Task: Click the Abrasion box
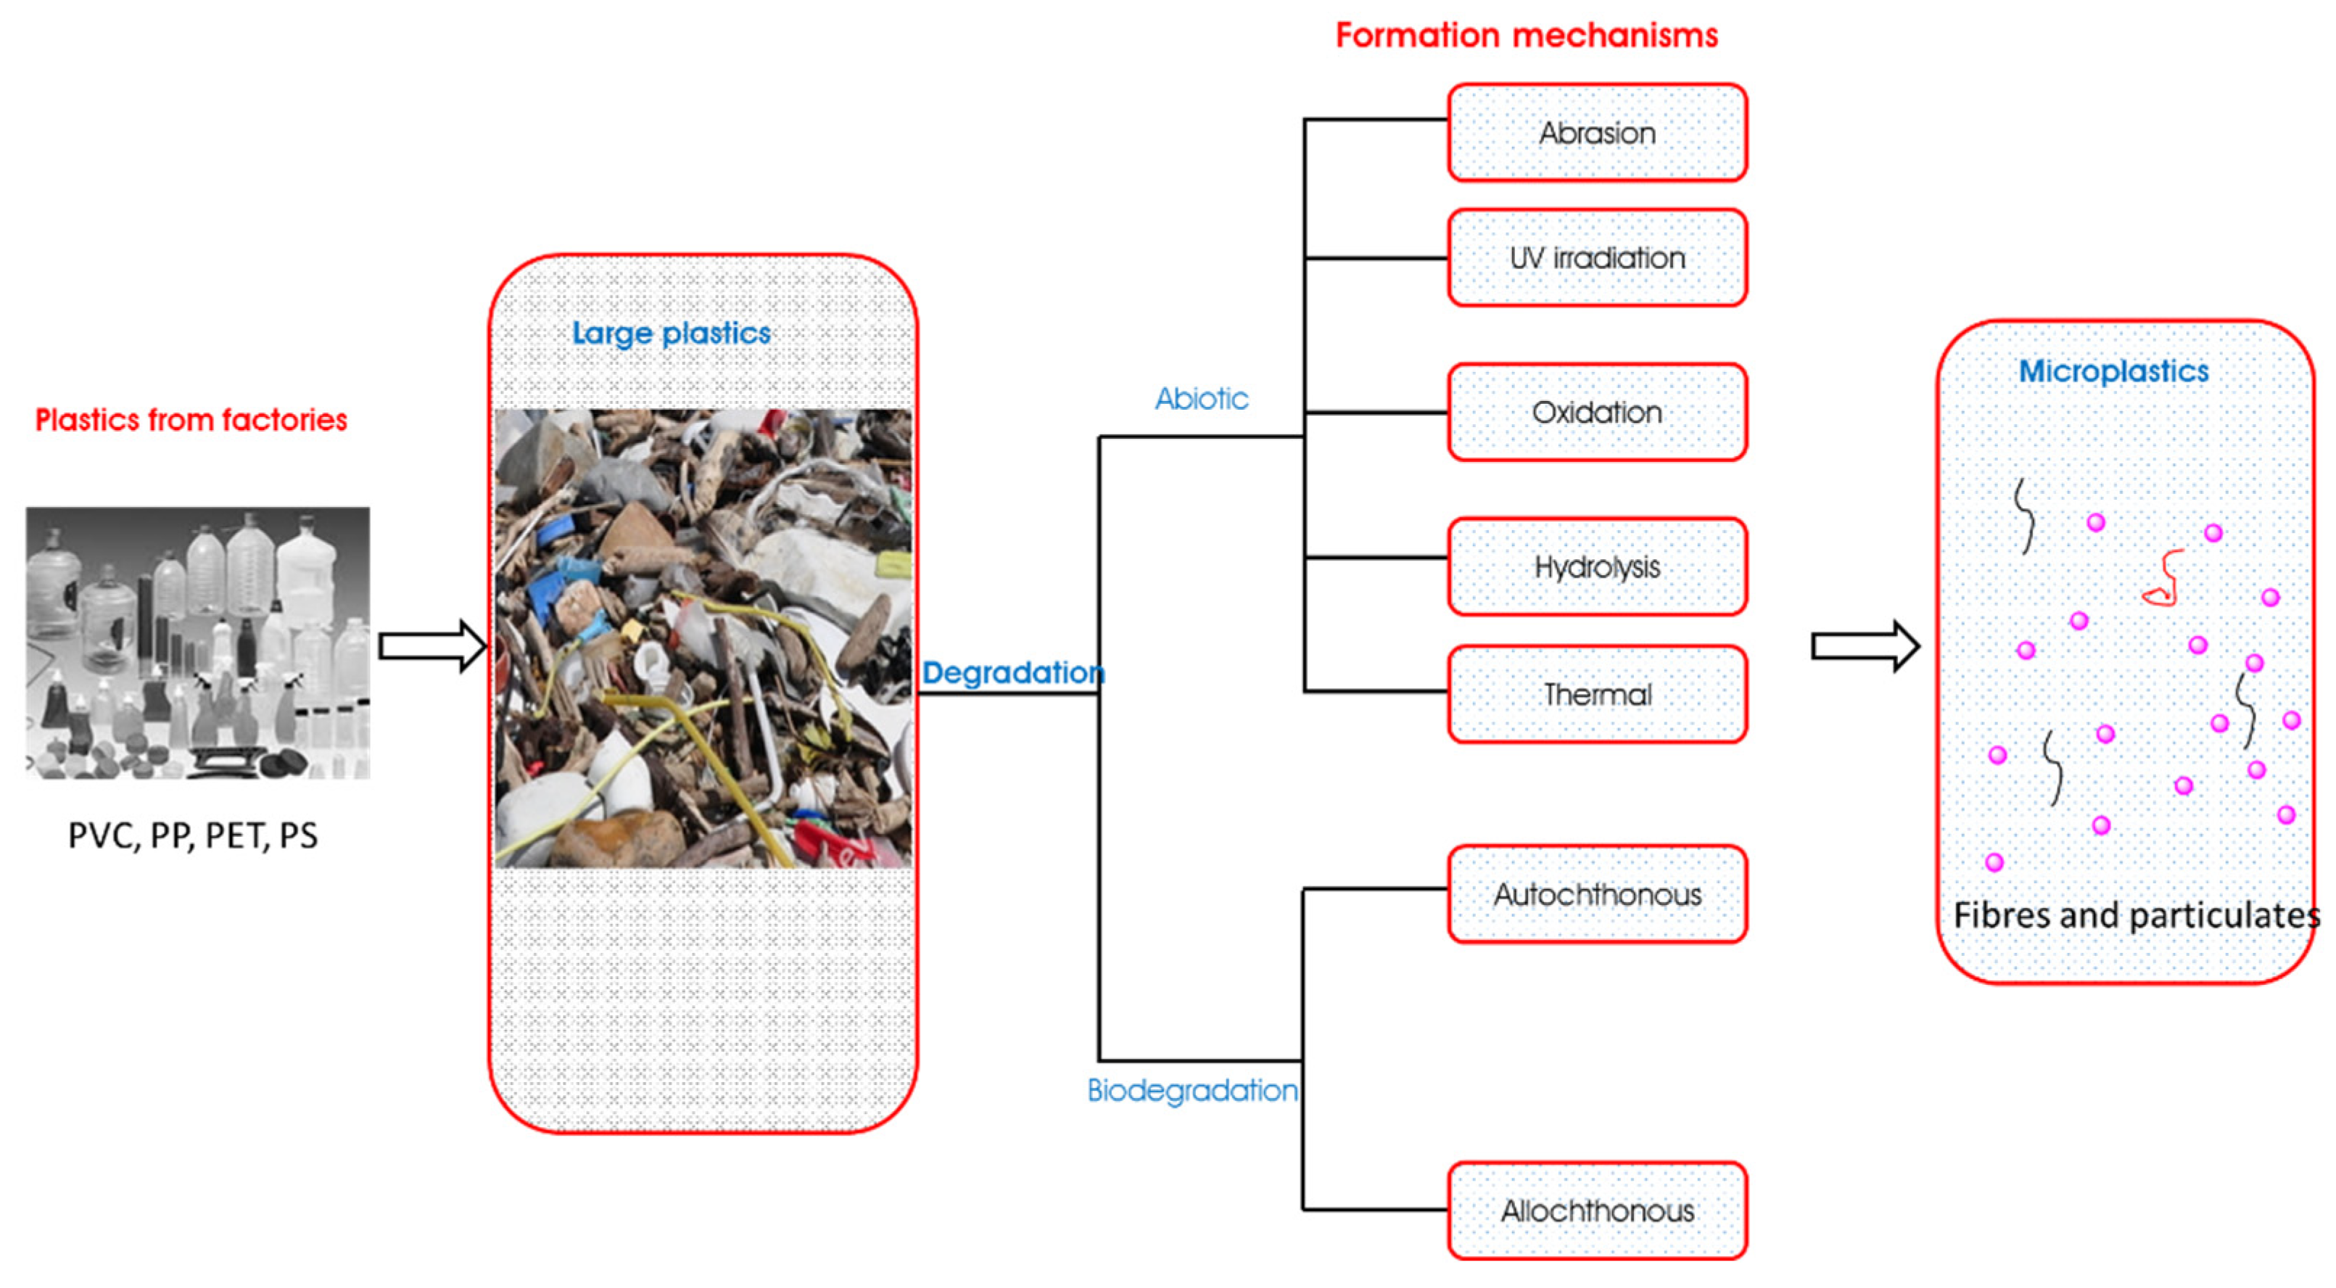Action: pos(1596,133)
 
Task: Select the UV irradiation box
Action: pos(1596,258)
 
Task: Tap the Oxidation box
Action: pos(1596,413)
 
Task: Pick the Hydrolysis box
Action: pos(1596,567)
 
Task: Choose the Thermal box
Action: pos(1596,695)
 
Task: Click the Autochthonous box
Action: pos(1596,895)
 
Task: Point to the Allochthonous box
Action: pos(1596,1211)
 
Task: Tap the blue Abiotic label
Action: pos(1201,399)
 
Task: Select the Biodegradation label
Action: pos(1192,1090)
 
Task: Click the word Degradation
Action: pos(1013,673)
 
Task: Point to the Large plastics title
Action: pos(671,334)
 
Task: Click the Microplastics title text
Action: pos(2113,371)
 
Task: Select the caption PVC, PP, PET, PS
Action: pos(192,835)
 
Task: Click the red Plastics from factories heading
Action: pos(191,420)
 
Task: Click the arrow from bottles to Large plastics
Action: pos(432,647)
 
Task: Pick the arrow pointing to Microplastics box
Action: pos(1865,647)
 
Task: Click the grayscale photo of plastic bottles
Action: pos(198,642)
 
